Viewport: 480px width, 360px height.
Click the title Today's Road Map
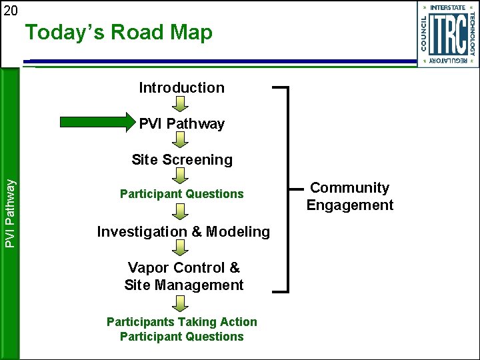pos(119,33)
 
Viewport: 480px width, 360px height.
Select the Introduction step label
pos(181,87)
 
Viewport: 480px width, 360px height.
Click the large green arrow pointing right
pos(97,122)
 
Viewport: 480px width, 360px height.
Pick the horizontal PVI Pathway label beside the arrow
pos(181,123)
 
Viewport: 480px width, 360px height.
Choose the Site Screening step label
pos(182,159)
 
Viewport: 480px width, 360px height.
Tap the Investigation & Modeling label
pos(183,232)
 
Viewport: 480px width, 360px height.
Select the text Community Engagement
pos(350,197)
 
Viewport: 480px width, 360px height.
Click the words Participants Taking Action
pos(182,322)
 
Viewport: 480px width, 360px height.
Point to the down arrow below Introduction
pos(181,104)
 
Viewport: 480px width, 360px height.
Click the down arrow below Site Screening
pos(181,176)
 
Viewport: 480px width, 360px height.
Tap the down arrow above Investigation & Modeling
pos(181,212)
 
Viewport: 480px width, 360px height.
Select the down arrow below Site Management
pos(181,304)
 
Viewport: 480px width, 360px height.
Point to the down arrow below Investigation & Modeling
pos(181,248)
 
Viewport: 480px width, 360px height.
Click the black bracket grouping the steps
pos(287,189)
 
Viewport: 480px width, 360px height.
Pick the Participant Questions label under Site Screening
pos(182,194)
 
